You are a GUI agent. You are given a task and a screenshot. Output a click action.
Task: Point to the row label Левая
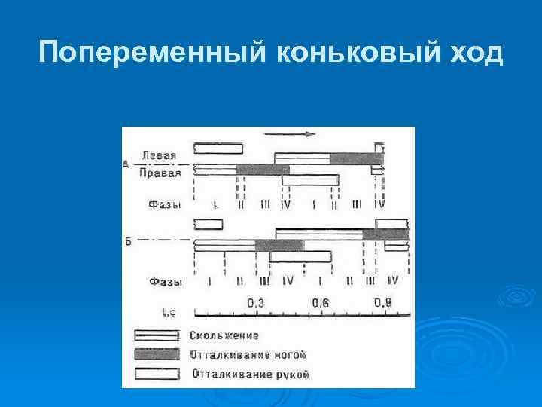[x=159, y=156]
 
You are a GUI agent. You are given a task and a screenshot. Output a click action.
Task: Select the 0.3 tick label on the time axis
[x=256, y=302]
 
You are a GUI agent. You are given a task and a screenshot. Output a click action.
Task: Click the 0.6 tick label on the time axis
[x=321, y=302]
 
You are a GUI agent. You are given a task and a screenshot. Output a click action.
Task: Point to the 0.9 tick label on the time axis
[x=384, y=302]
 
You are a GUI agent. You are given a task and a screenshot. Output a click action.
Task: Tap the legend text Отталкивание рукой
[x=251, y=373]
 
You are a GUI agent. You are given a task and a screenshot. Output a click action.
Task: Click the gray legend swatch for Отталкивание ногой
[x=157, y=353]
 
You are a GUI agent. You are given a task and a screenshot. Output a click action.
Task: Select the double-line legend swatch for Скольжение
[x=157, y=335]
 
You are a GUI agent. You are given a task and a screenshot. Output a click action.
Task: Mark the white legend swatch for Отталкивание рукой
[x=157, y=373]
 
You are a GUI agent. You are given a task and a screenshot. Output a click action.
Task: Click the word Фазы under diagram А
[x=163, y=204]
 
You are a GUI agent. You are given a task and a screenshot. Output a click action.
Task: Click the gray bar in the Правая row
[x=262, y=169]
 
